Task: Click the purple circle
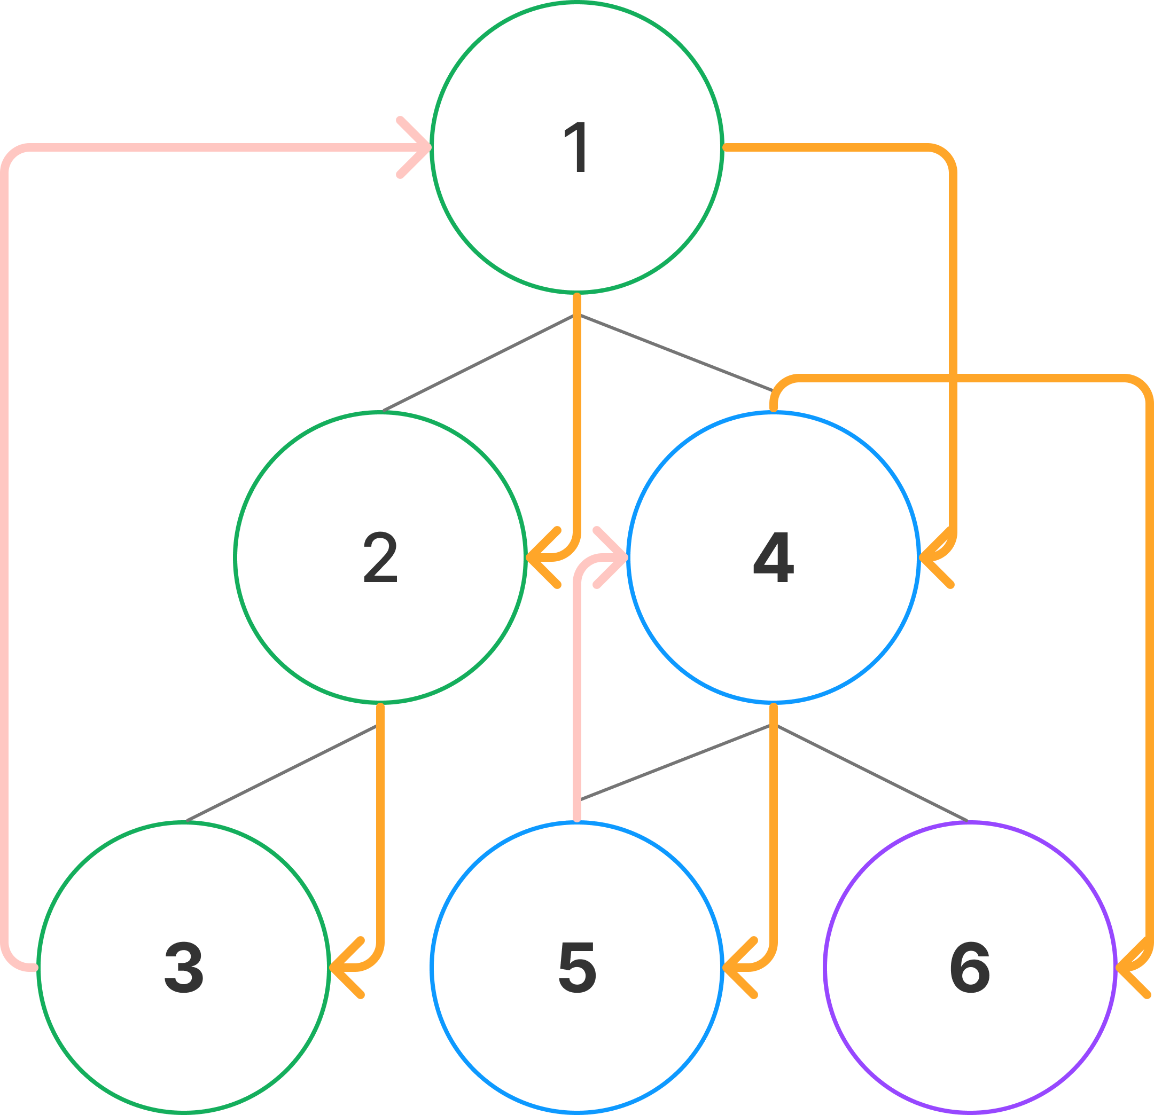pos(970,967)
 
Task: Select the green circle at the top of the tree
pos(577,147)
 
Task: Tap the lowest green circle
pos(184,967)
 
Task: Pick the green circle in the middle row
pos(380,556)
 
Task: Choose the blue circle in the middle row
pos(774,556)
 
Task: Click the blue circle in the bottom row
pos(577,967)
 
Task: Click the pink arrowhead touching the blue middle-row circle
pos(616,556)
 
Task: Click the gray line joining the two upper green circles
pos(478,363)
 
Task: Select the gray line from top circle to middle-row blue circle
pos(675,353)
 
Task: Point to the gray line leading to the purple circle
pos(871,773)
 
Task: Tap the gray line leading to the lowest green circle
pos(282,773)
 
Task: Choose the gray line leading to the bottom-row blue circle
pos(675,763)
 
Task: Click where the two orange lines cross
pos(953,378)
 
